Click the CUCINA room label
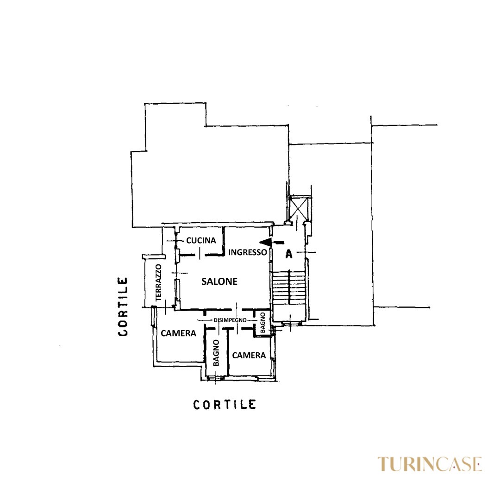[x=201, y=240]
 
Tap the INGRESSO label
[x=247, y=252]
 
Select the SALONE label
[x=219, y=281]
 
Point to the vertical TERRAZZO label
[x=158, y=283]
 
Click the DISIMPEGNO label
[x=230, y=320]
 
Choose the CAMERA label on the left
[x=178, y=333]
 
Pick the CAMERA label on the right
[x=249, y=355]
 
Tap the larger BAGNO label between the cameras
[x=216, y=353]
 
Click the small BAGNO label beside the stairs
[x=263, y=323]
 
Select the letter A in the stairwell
[x=289, y=254]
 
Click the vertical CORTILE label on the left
[x=123, y=306]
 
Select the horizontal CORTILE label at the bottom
[x=225, y=405]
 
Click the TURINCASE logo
[x=430, y=463]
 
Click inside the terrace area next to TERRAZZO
[x=150, y=282]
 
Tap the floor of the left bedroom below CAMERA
[x=179, y=349]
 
